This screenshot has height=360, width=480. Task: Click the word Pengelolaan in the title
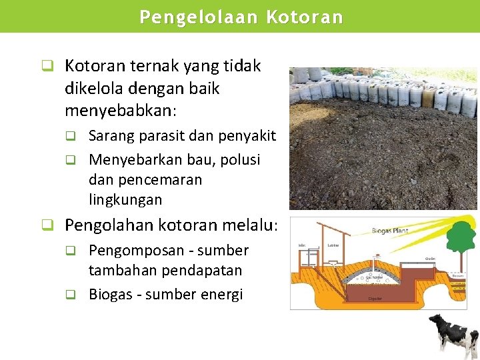click(x=198, y=17)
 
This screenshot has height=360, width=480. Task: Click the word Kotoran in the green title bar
click(x=305, y=17)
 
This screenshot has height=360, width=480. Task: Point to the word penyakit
click(x=246, y=137)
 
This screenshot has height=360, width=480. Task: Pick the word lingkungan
click(x=125, y=199)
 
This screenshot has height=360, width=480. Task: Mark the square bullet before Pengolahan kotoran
click(x=47, y=225)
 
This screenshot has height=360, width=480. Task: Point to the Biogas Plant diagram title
click(x=389, y=231)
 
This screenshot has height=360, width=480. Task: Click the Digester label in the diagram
click(x=375, y=299)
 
